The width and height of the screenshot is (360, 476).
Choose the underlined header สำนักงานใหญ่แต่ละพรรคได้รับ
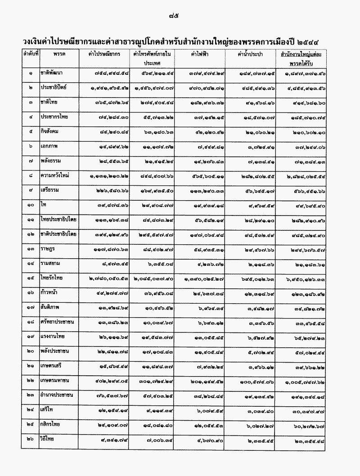click(302, 58)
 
